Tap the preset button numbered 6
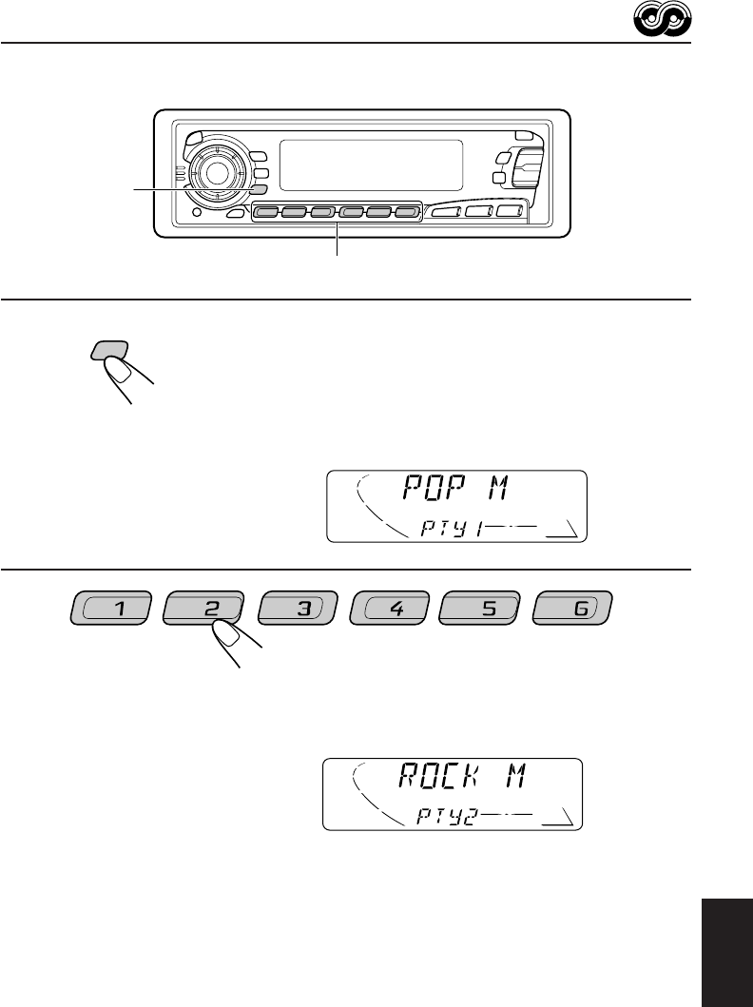[x=574, y=610]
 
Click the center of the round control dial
[x=216, y=173]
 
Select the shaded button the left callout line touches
[x=259, y=189]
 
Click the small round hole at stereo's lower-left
[x=195, y=211]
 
